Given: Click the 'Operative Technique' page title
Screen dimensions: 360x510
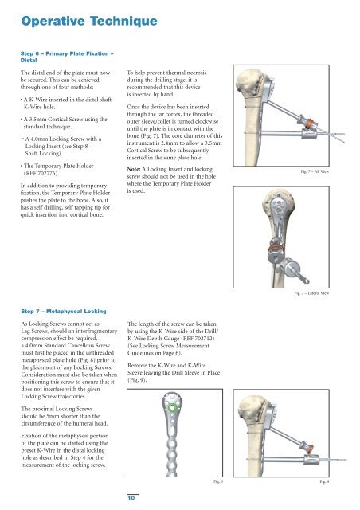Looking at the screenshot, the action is (89, 22).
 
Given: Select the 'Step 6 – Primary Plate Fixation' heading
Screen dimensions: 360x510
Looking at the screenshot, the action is (67, 53).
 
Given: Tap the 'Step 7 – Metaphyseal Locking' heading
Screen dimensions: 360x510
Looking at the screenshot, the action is (64, 312).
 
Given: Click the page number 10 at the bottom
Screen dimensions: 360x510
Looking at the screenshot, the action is (131, 498).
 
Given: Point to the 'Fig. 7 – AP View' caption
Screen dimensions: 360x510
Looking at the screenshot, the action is (315, 171).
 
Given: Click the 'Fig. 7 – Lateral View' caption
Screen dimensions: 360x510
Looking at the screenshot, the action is (311, 293).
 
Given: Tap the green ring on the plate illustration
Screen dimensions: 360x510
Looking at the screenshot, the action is (172, 407).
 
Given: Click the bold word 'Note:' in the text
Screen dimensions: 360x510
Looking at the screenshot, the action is (134, 169).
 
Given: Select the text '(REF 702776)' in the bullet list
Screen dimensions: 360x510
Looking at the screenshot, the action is (41, 173).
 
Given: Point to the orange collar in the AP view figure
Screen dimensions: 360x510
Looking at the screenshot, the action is (310, 124).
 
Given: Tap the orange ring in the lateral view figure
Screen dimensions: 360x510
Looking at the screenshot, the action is (276, 248).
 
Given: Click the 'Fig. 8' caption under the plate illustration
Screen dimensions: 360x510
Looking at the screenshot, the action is (218, 481).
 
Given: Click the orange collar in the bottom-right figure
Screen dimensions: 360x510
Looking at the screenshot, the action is (311, 449).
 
